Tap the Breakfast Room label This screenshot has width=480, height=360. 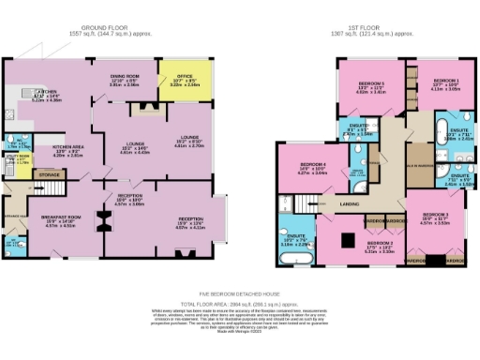58,219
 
